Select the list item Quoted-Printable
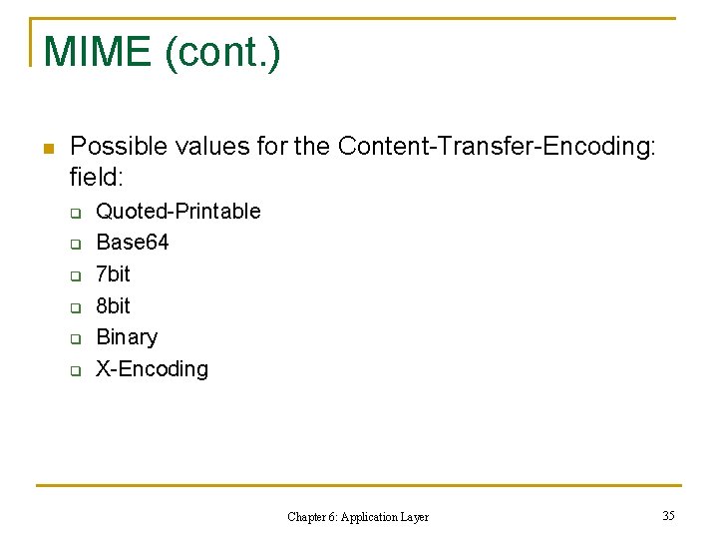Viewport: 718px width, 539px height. coord(178,211)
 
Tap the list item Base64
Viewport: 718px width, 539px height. coord(132,243)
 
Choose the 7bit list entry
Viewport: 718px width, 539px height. coord(113,273)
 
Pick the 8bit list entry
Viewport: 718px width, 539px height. coord(113,305)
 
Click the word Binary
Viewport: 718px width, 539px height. coord(127,337)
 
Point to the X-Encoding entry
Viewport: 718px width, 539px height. coord(152,369)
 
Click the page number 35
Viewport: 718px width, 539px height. coord(668,515)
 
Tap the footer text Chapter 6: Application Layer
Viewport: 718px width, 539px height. coord(358,517)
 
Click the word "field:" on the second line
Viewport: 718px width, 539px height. coord(96,178)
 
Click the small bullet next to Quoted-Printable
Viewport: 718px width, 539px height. coord(75,213)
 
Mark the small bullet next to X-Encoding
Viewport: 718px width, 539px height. coord(75,371)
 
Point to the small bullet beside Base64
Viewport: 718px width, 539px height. coord(75,245)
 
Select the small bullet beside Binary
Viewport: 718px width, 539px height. coord(75,339)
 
